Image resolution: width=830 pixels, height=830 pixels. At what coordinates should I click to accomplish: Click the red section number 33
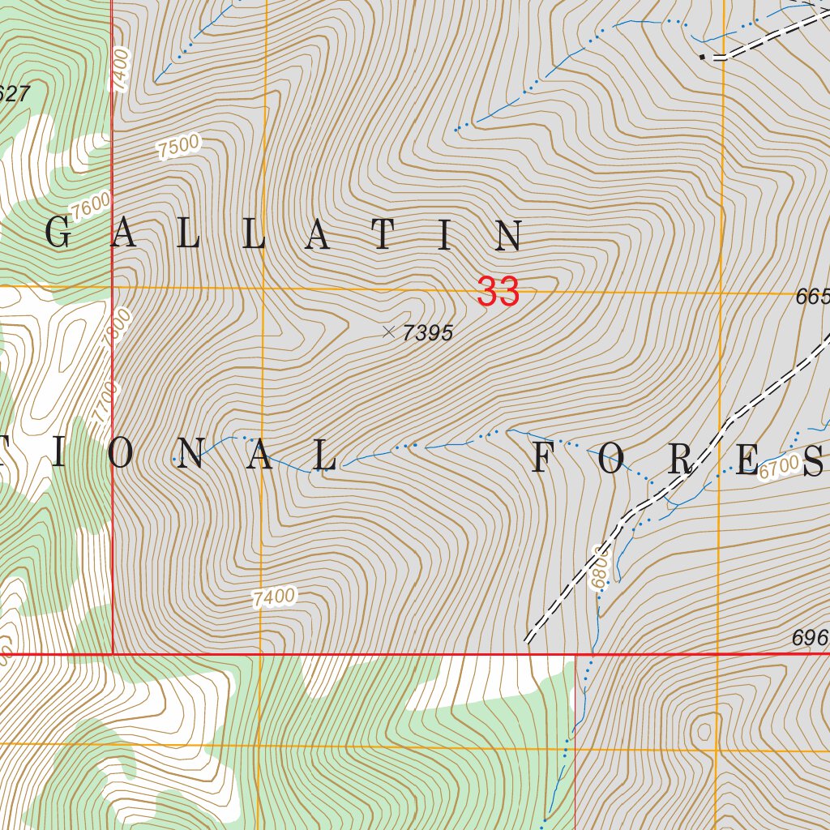498,292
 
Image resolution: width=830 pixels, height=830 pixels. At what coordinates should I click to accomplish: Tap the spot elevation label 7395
427,332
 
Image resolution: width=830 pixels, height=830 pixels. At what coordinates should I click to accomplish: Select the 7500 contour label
179,147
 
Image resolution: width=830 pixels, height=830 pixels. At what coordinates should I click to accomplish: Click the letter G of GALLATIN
58,235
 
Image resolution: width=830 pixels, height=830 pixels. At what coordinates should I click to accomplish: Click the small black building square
702,57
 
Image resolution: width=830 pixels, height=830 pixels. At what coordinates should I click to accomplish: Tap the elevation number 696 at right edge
810,640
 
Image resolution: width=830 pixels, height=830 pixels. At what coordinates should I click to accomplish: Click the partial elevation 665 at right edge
813,297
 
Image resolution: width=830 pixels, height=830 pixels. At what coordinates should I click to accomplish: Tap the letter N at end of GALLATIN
510,236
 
